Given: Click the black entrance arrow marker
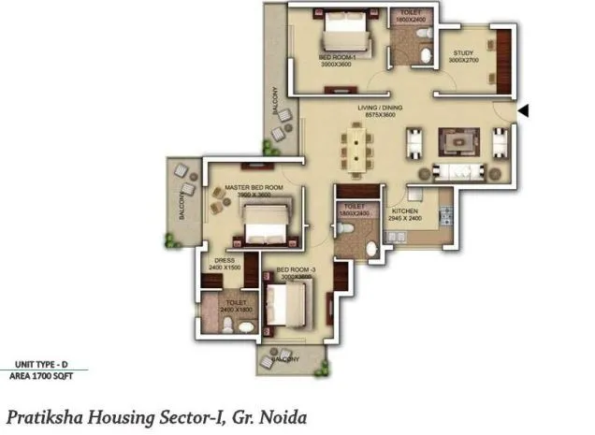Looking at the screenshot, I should [x=525, y=111].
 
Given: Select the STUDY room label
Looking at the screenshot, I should [x=464, y=52].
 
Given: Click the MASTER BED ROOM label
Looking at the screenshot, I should [x=253, y=188].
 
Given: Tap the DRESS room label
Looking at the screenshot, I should [x=225, y=260].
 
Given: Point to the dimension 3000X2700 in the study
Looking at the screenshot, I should [x=463, y=61].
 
